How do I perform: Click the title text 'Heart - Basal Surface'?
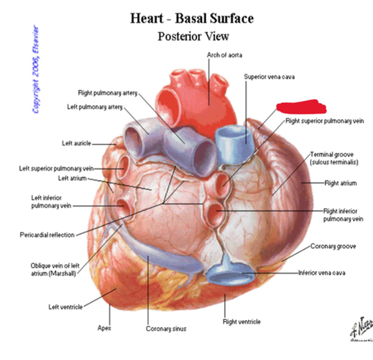click(192, 19)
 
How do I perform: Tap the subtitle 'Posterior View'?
click(193, 37)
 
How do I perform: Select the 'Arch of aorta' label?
click(224, 55)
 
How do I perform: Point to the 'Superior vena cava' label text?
click(269, 77)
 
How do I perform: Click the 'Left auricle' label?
click(76, 143)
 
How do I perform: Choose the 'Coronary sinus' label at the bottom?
click(166, 329)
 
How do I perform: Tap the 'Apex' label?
click(104, 328)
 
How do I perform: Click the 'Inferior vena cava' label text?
click(321, 273)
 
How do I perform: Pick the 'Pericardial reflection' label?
click(47, 235)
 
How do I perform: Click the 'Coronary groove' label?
click(333, 246)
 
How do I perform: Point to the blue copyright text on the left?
click(36, 70)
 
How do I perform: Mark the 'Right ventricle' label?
click(241, 322)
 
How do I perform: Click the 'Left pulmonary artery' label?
click(95, 107)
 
